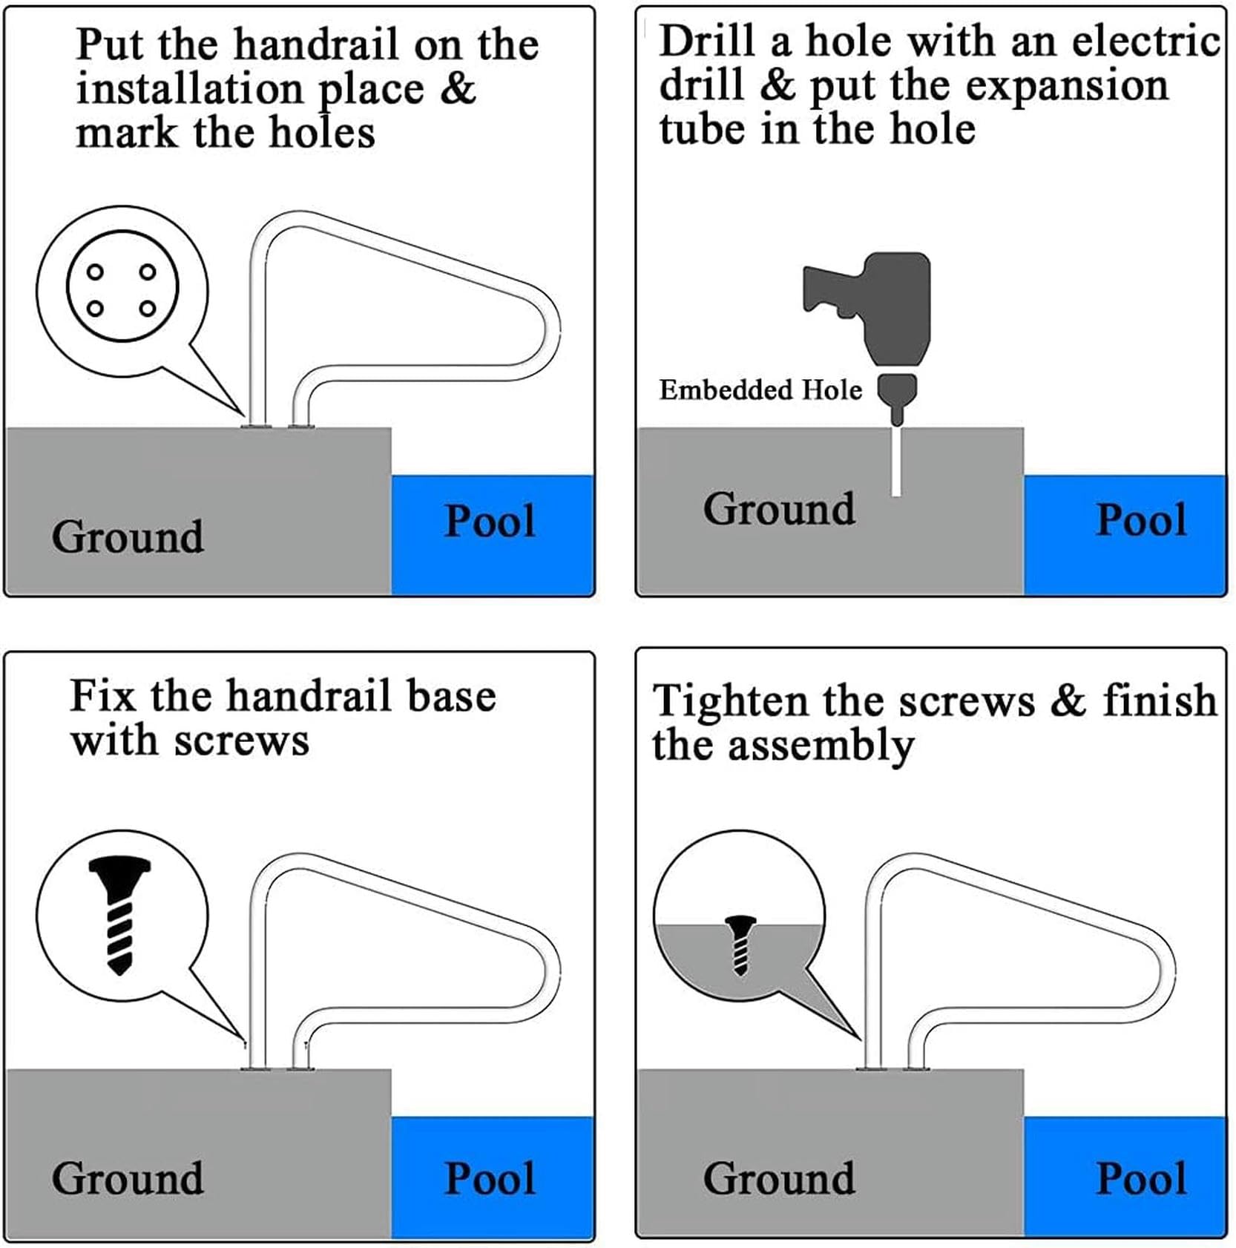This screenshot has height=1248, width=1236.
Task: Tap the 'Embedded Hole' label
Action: pos(760,390)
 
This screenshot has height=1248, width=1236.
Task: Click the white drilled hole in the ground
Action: pos(896,460)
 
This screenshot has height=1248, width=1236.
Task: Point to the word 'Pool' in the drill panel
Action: pos(1141,519)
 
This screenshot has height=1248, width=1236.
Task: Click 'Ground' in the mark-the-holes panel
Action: pos(128,536)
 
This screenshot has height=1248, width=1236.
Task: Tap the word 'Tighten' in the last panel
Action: pos(730,702)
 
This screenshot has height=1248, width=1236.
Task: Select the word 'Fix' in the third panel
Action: pos(103,695)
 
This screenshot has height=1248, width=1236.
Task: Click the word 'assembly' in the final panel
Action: pos(821,746)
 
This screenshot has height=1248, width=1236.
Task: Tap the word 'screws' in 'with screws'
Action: pos(242,741)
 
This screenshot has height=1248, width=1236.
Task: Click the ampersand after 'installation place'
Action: pos(458,88)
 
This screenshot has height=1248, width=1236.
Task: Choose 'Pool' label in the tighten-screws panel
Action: pos(1141,1178)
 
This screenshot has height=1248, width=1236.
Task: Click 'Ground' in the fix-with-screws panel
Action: pos(128,1178)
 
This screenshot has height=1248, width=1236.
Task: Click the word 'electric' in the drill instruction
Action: pos(1147,40)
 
